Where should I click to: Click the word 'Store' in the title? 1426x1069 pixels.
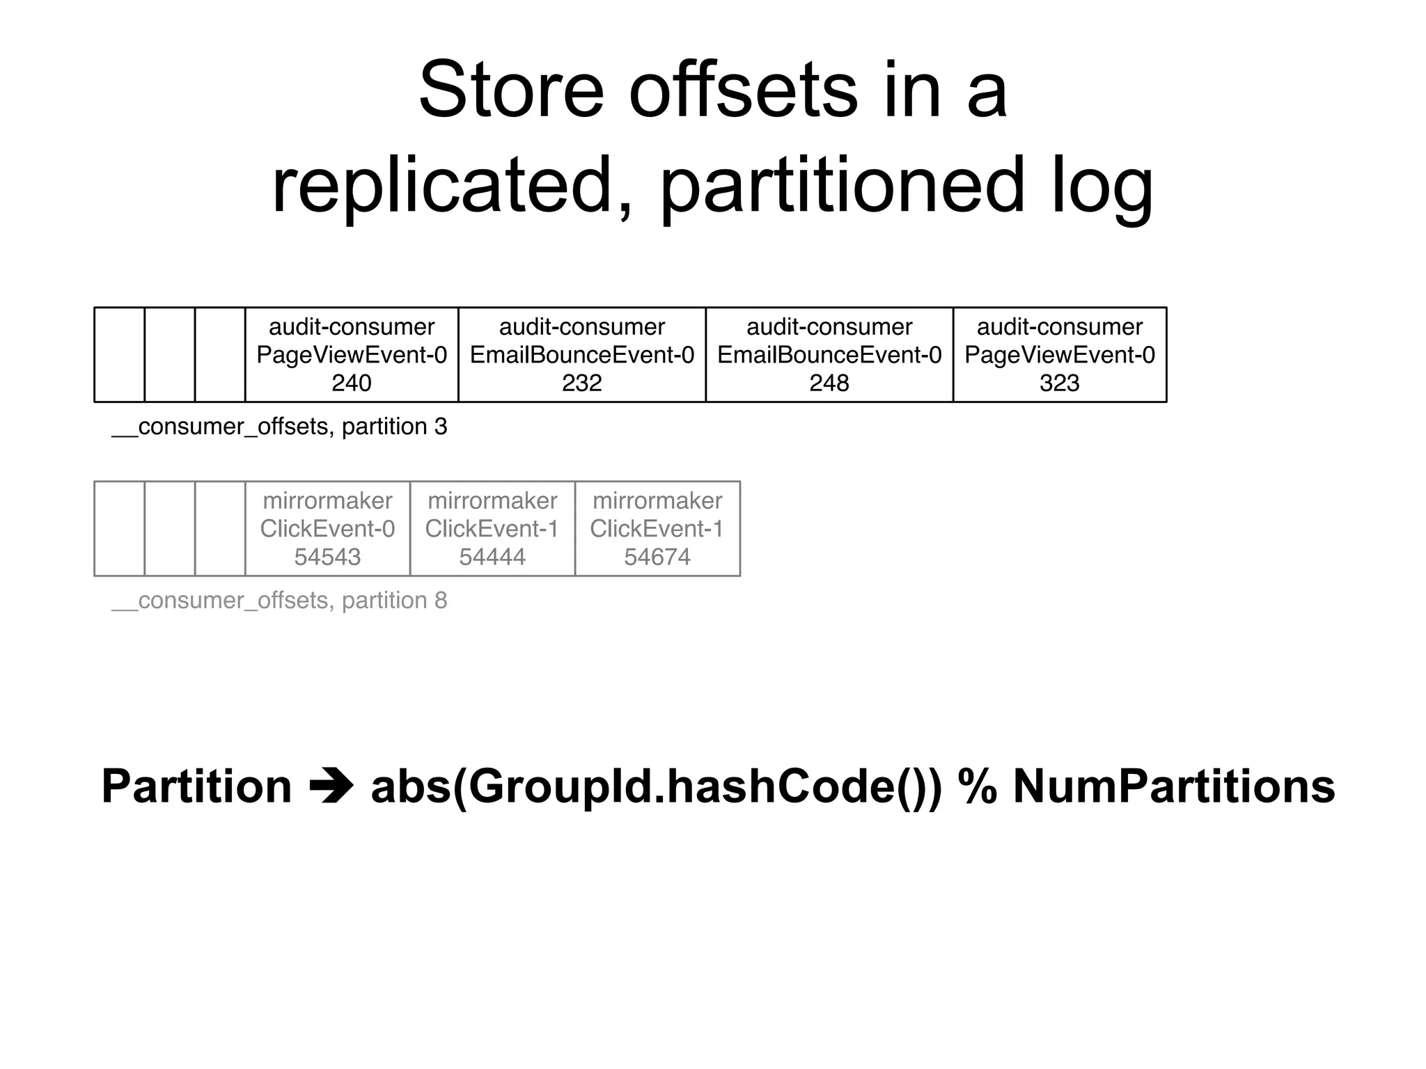pyautogui.click(x=510, y=90)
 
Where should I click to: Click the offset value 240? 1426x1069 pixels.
pyautogui.click(x=351, y=383)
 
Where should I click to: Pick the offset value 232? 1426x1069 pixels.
pyautogui.click(x=581, y=383)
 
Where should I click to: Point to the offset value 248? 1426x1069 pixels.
pyautogui.click(x=829, y=383)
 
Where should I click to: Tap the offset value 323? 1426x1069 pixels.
pyautogui.click(x=1059, y=383)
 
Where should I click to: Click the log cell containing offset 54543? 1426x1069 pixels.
pyautogui.click(x=327, y=529)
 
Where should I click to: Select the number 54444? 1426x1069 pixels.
pyautogui.click(x=492, y=557)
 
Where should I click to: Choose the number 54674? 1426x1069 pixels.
pyautogui.click(x=657, y=557)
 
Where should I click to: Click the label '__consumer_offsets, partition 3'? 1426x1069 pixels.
pyautogui.click(x=279, y=427)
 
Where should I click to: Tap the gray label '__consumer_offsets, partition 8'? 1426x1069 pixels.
pyautogui.click(x=279, y=601)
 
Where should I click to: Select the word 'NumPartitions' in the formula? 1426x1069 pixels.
pyautogui.click(x=1173, y=786)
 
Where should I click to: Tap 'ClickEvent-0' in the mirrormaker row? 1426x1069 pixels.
pyautogui.click(x=327, y=529)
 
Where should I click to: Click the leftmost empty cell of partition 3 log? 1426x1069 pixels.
pyautogui.click(x=119, y=355)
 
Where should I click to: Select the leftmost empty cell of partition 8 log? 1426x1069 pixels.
pyautogui.click(x=119, y=529)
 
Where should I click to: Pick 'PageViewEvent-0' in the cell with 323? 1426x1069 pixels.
pyautogui.click(x=1059, y=356)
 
